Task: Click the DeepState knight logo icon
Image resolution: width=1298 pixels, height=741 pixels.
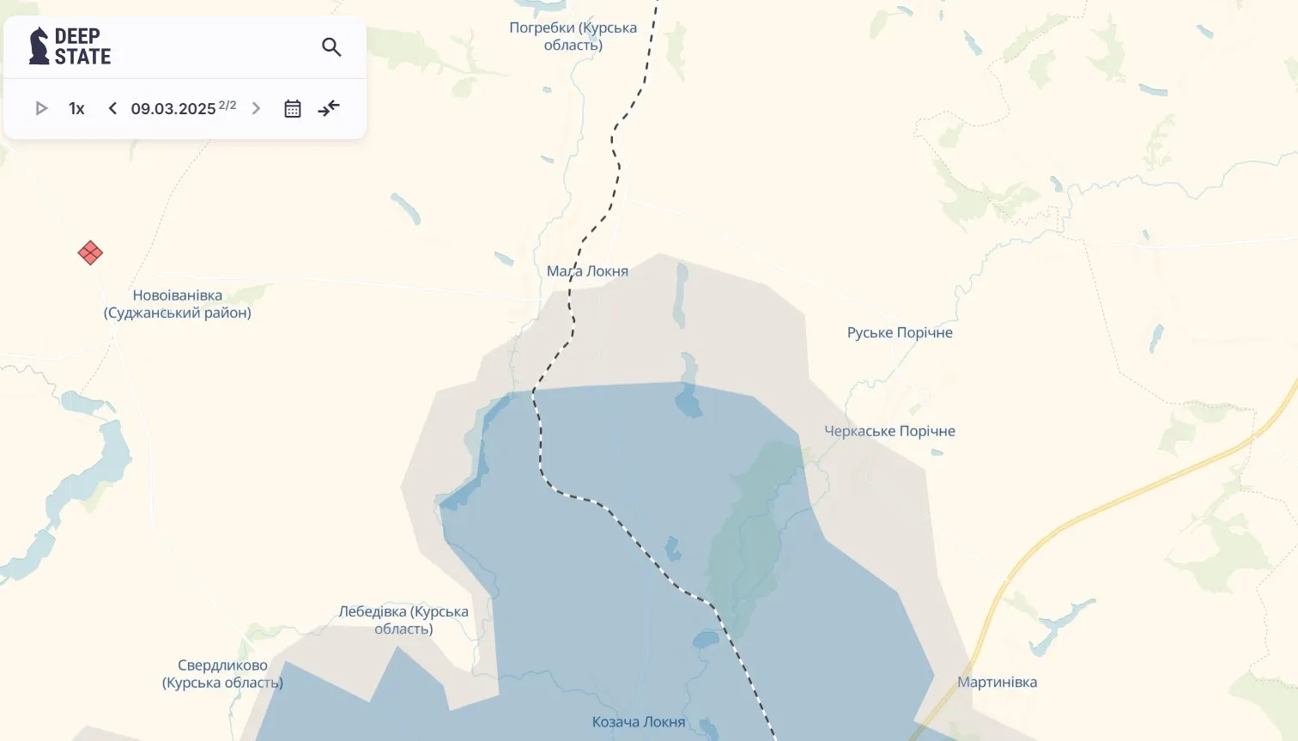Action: point(39,46)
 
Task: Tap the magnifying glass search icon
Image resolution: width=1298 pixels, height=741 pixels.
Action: point(331,47)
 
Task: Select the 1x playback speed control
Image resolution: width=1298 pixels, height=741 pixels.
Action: point(76,108)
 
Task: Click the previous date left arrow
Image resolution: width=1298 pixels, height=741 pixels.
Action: point(112,108)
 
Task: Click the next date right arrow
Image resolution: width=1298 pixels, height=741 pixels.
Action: point(256,108)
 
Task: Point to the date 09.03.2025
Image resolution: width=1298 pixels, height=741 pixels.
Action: point(173,109)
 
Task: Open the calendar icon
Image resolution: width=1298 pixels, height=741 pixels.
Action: point(293,108)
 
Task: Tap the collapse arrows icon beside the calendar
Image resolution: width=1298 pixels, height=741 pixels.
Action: point(329,108)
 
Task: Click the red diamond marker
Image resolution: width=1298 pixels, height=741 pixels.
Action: point(90,253)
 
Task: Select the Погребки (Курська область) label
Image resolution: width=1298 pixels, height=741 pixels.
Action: point(573,36)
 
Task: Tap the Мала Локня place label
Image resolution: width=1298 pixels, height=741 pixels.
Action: point(587,271)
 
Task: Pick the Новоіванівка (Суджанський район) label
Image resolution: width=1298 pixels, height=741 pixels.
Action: point(178,304)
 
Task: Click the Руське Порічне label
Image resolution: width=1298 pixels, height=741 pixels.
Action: point(900,333)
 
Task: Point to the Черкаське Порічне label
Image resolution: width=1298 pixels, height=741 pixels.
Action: point(889,431)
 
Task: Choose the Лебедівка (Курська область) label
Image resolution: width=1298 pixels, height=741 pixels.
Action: point(403,620)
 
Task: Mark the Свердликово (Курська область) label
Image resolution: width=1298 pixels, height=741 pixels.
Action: point(222,674)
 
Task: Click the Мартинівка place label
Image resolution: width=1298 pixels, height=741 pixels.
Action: point(997,683)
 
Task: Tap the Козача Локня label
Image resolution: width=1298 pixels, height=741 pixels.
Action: point(639,722)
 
